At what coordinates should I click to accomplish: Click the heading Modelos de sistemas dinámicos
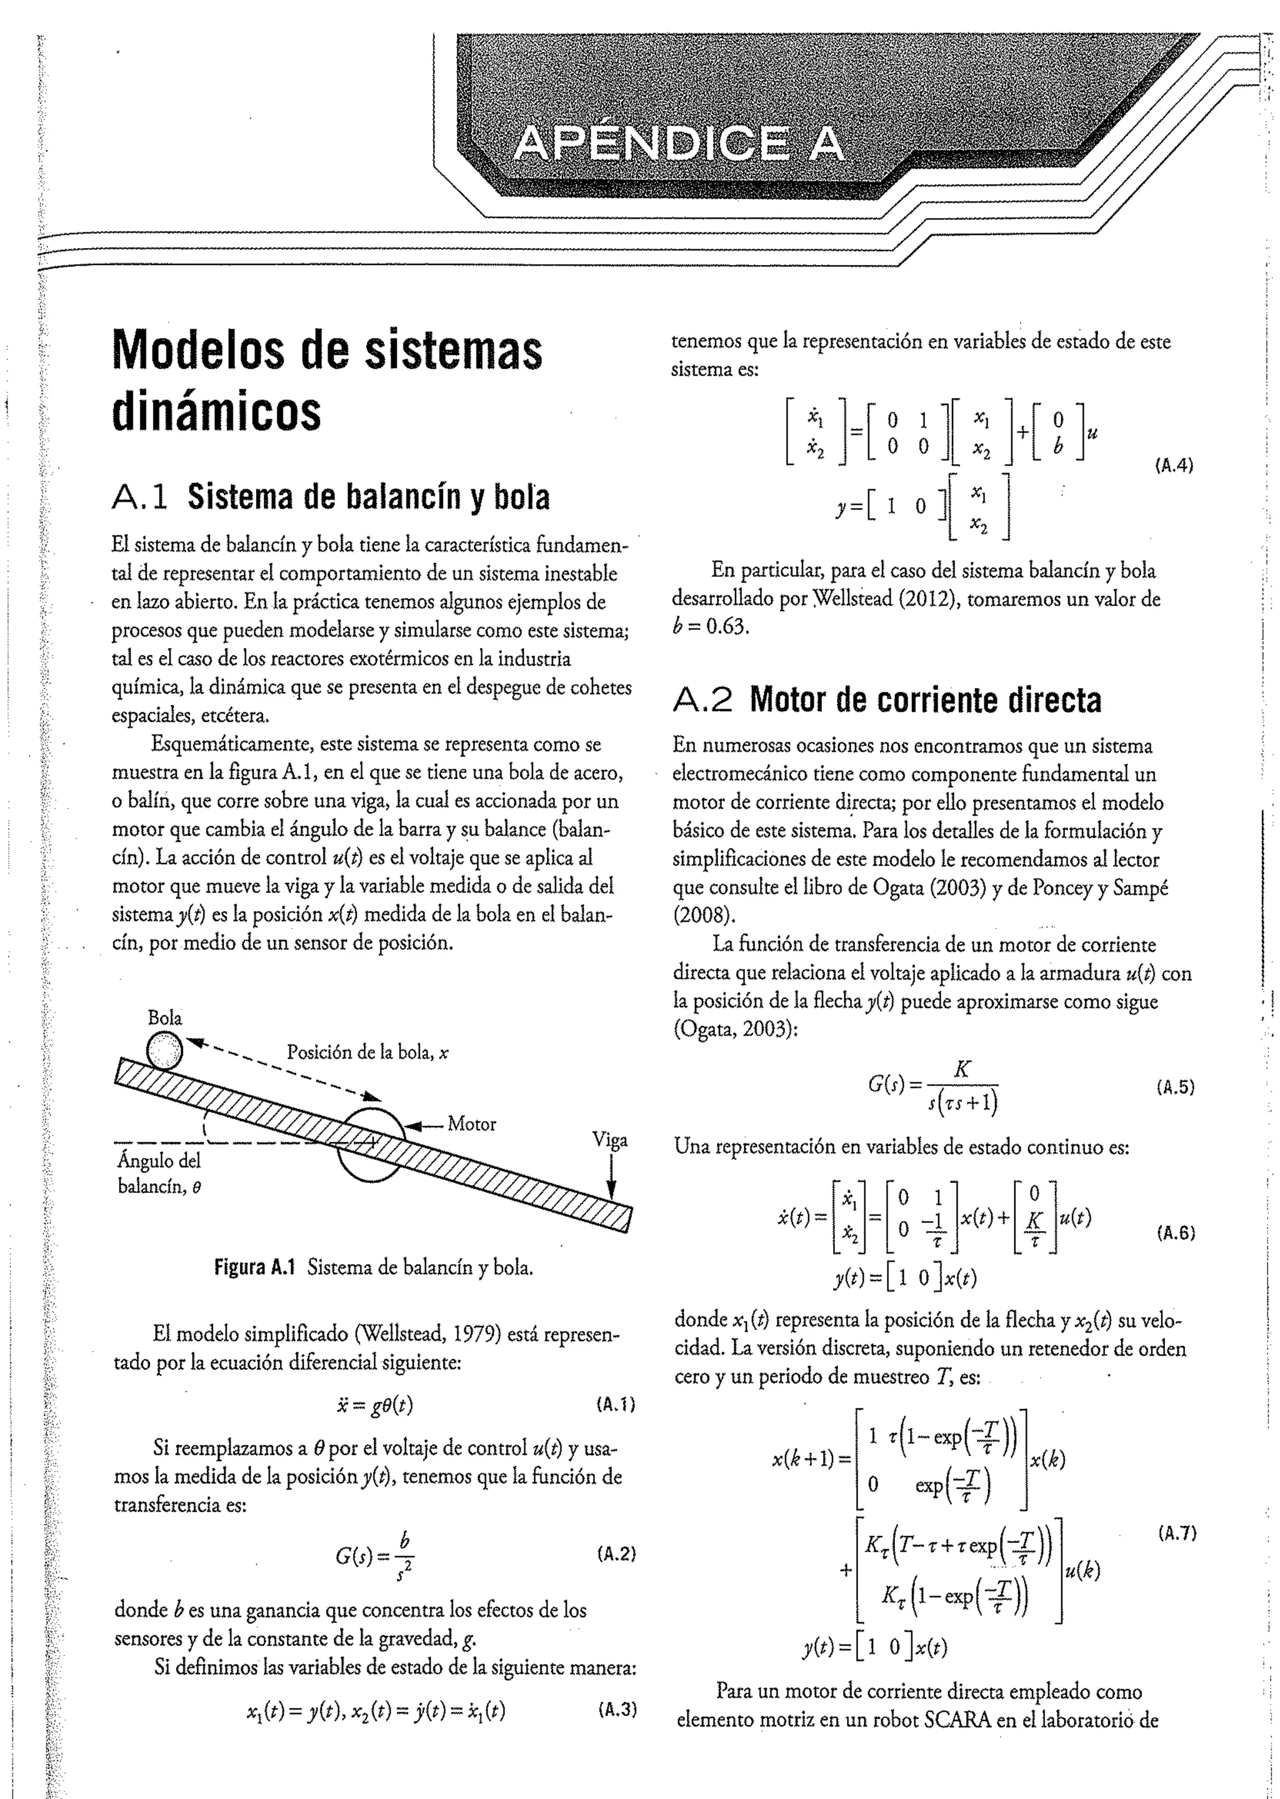pos(326,380)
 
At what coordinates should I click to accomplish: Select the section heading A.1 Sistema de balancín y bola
pos(331,497)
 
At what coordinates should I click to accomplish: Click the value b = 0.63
pos(709,628)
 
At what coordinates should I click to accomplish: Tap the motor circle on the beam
pos(371,1144)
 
